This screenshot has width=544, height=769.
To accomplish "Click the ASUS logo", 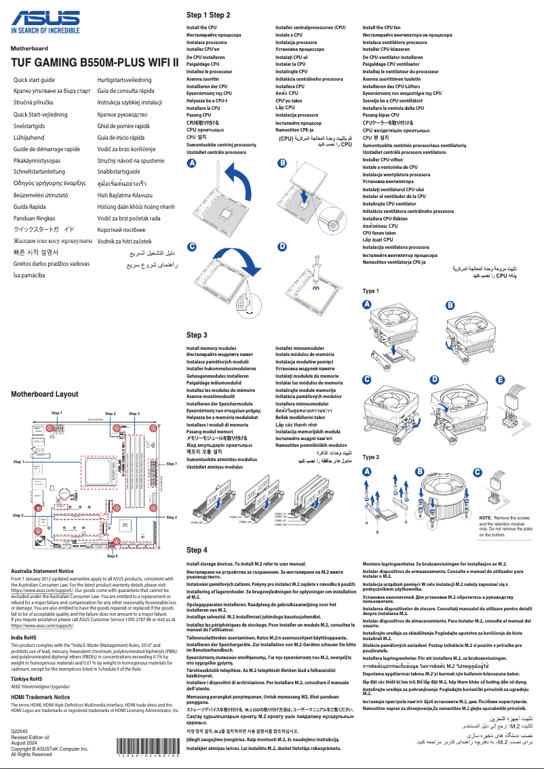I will pyautogui.click(x=46, y=18).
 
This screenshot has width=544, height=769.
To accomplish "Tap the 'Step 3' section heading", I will pyautogui.click(x=197, y=335).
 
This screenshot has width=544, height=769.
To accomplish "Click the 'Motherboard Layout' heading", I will pyautogui.click(x=45, y=394).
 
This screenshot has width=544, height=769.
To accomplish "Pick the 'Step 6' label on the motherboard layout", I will pyautogui.click(x=112, y=555).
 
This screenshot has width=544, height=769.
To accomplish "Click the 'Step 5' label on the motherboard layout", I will pyautogui.click(x=18, y=515).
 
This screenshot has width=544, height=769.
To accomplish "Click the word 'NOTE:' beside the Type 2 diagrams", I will pyautogui.click(x=486, y=518).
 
